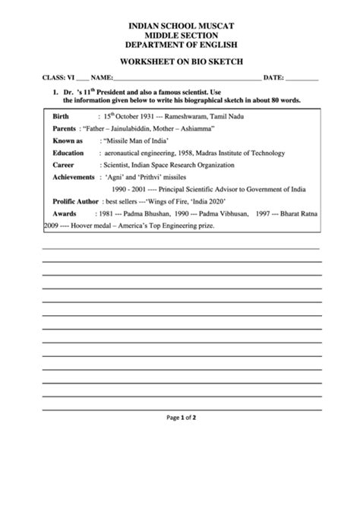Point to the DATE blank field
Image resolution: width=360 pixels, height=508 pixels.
coord(302,79)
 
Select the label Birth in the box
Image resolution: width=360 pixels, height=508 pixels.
coord(62,116)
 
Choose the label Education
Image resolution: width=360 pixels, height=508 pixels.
coord(68,153)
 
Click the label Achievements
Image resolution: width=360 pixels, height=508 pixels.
coord(73,177)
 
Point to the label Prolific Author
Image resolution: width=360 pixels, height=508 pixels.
coord(75,201)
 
